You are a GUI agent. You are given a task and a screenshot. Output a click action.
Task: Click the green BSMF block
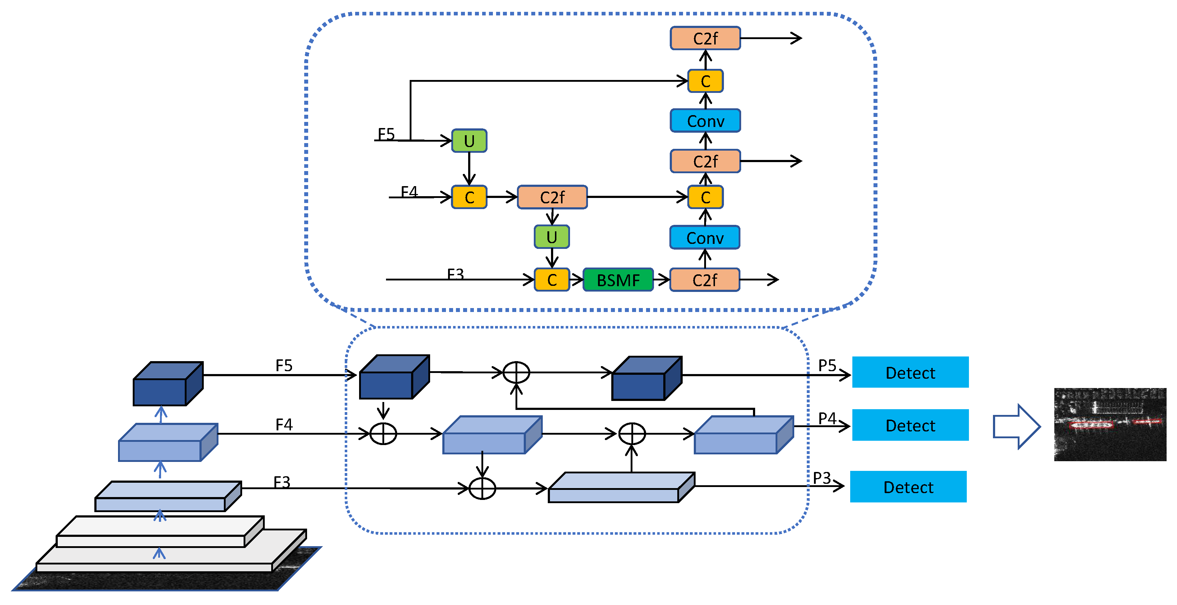coord(618,280)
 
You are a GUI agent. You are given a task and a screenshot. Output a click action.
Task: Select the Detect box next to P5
coord(910,372)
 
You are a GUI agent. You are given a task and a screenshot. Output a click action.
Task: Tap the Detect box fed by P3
coord(908,487)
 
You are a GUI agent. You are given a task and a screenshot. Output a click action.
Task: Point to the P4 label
coord(827,418)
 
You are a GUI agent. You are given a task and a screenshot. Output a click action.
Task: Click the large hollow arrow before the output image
coord(1017,426)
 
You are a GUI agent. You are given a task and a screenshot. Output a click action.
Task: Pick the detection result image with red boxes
coord(1110,425)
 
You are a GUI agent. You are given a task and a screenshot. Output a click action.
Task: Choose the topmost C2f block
coord(706,38)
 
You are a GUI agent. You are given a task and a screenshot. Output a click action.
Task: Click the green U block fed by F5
coord(469,141)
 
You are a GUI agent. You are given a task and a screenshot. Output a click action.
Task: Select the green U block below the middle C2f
coord(552,237)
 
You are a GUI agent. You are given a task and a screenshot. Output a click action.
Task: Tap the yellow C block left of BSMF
coord(552,280)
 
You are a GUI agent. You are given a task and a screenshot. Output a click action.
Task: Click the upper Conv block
coord(706,121)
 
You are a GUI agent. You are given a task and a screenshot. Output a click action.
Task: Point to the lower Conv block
coord(705,237)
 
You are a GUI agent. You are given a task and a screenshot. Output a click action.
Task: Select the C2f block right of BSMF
coord(705,280)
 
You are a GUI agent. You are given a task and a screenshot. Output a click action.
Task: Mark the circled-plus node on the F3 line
coord(482,488)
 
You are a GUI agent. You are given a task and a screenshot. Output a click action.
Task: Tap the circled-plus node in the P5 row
coord(516,373)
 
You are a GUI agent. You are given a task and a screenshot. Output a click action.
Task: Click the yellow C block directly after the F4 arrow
coord(469,197)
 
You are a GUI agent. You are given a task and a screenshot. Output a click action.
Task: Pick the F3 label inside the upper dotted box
coord(456,274)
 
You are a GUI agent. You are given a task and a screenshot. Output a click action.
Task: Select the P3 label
coord(822,478)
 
